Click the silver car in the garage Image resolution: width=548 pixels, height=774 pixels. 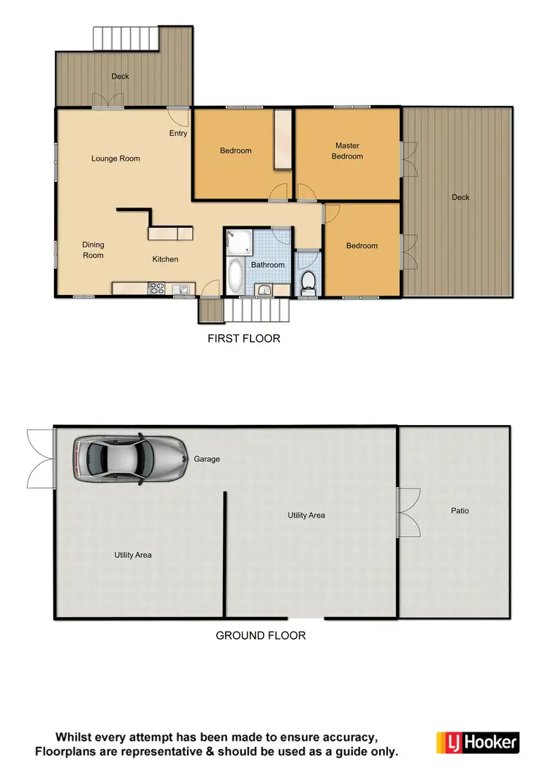click(129, 459)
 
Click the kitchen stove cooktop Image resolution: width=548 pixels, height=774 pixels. click(158, 288)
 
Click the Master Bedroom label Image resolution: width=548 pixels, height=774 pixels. click(347, 151)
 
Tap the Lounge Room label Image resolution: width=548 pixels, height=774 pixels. click(115, 158)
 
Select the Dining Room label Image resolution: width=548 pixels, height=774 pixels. click(93, 250)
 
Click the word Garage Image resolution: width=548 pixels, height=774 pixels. click(207, 459)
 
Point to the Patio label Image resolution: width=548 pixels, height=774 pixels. click(460, 511)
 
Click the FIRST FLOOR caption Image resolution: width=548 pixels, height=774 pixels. click(244, 339)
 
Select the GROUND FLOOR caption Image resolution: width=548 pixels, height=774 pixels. click(260, 636)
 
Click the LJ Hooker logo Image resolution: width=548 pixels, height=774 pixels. click(478, 743)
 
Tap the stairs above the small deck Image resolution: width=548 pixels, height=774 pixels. click(126, 39)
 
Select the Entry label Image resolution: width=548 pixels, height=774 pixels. click(178, 134)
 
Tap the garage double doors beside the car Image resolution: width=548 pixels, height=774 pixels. click(41, 459)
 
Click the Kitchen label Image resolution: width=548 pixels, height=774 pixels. click(165, 259)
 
